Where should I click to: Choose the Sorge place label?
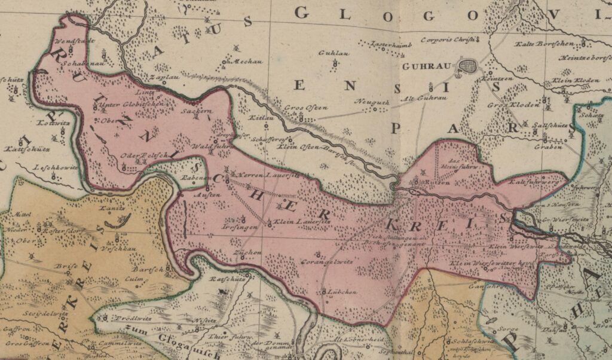[x=509, y=328]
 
